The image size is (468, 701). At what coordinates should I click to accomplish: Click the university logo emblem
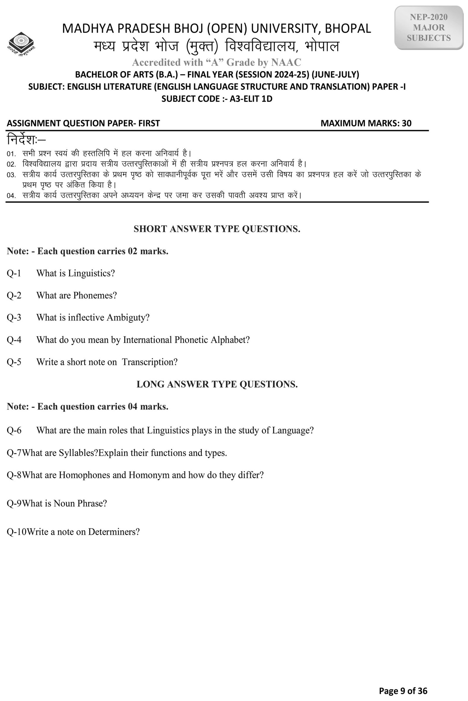click(21, 44)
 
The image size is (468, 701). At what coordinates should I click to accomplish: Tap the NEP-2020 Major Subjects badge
click(429, 27)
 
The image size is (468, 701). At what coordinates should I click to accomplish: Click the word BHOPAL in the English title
click(348, 29)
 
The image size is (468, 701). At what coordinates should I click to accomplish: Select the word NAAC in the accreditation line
click(286, 62)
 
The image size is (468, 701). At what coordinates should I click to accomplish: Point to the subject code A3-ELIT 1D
click(251, 99)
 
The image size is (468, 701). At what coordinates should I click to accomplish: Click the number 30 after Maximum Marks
click(407, 123)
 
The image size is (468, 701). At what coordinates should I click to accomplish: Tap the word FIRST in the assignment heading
click(149, 123)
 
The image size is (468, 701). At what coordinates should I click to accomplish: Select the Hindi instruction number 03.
click(11, 175)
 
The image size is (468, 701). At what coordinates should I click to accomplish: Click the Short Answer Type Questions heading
click(217, 229)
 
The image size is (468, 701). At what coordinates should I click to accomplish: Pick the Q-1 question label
click(14, 273)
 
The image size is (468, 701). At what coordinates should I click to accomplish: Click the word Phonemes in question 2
click(95, 295)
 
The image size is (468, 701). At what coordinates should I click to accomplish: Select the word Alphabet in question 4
click(230, 340)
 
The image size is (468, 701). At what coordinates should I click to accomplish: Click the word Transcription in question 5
click(149, 362)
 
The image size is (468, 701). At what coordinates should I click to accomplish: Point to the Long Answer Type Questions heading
click(217, 384)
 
